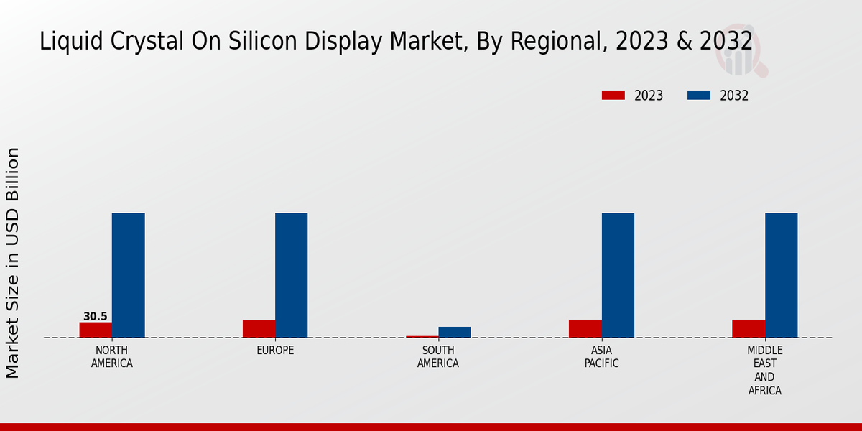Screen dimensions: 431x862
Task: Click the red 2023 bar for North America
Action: click(x=96, y=330)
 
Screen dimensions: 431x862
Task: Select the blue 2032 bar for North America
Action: click(x=128, y=275)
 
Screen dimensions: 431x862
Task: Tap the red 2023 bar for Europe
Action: click(x=259, y=329)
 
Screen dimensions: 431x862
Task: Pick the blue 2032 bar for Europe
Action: click(x=291, y=275)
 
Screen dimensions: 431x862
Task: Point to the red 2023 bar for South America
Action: click(x=422, y=336)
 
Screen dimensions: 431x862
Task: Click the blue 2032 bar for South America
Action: click(x=455, y=332)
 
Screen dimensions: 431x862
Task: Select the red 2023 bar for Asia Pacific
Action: click(x=585, y=328)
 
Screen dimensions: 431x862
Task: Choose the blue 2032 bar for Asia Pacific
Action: click(x=618, y=275)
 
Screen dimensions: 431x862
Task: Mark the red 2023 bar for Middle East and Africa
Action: click(x=749, y=328)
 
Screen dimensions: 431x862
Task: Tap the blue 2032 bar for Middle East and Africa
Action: click(x=781, y=275)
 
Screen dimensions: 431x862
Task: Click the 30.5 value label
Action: click(x=95, y=317)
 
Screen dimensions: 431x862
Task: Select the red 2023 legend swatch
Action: click(x=613, y=96)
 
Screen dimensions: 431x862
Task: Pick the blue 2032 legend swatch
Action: click(x=699, y=96)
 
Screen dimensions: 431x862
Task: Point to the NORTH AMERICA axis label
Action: click(x=112, y=357)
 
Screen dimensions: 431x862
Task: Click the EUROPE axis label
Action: click(x=275, y=351)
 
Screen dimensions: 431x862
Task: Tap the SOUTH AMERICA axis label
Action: click(x=438, y=357)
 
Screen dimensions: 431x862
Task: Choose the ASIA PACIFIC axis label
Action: click(x=602, y=357)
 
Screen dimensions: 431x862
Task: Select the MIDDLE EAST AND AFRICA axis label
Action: click(x=765, y=371)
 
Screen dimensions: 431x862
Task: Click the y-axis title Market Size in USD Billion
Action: click(x=13, y=262)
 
